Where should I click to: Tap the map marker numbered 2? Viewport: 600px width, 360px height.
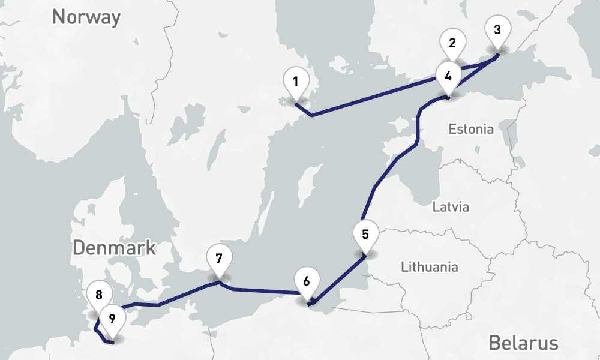[x=452, y=44]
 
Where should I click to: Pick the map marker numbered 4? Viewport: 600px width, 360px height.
[x=448, y=77]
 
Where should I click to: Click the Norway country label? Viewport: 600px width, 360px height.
[x=86, y=17]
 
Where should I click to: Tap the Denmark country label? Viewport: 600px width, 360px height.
[x=115, y=247]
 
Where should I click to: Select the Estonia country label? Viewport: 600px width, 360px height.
[x=472, y=129]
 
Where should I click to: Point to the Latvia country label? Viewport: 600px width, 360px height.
[x=451, y=208]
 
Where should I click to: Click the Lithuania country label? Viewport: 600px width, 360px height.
[x=430, y=267]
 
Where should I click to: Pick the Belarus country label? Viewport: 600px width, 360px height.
[x=523, y=343]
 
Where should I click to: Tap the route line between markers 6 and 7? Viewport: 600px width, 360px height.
[x=264, y=292]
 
